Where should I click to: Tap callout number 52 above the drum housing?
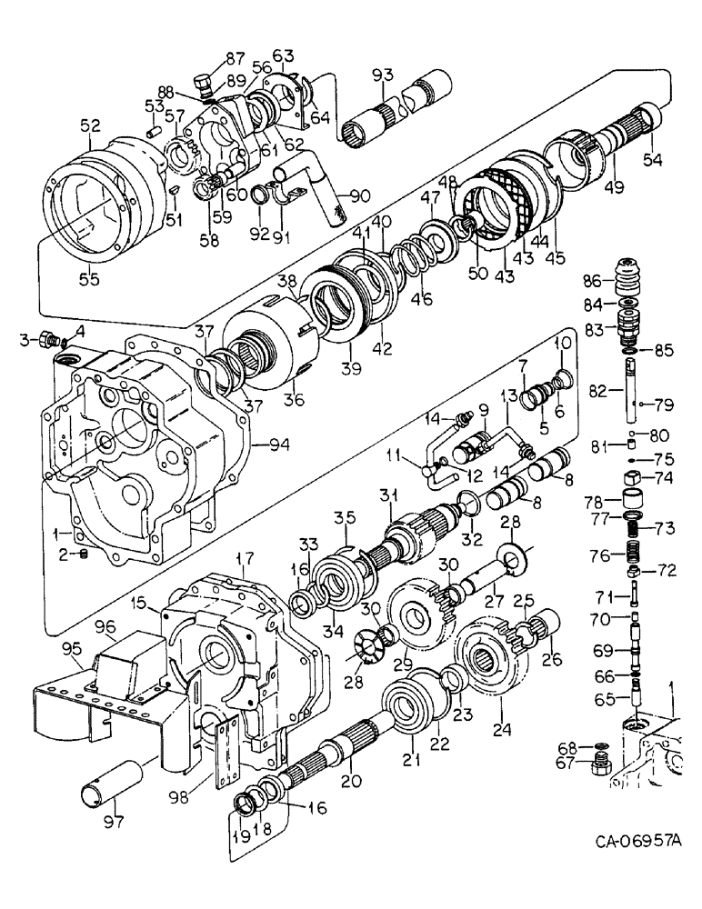point(91,129)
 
